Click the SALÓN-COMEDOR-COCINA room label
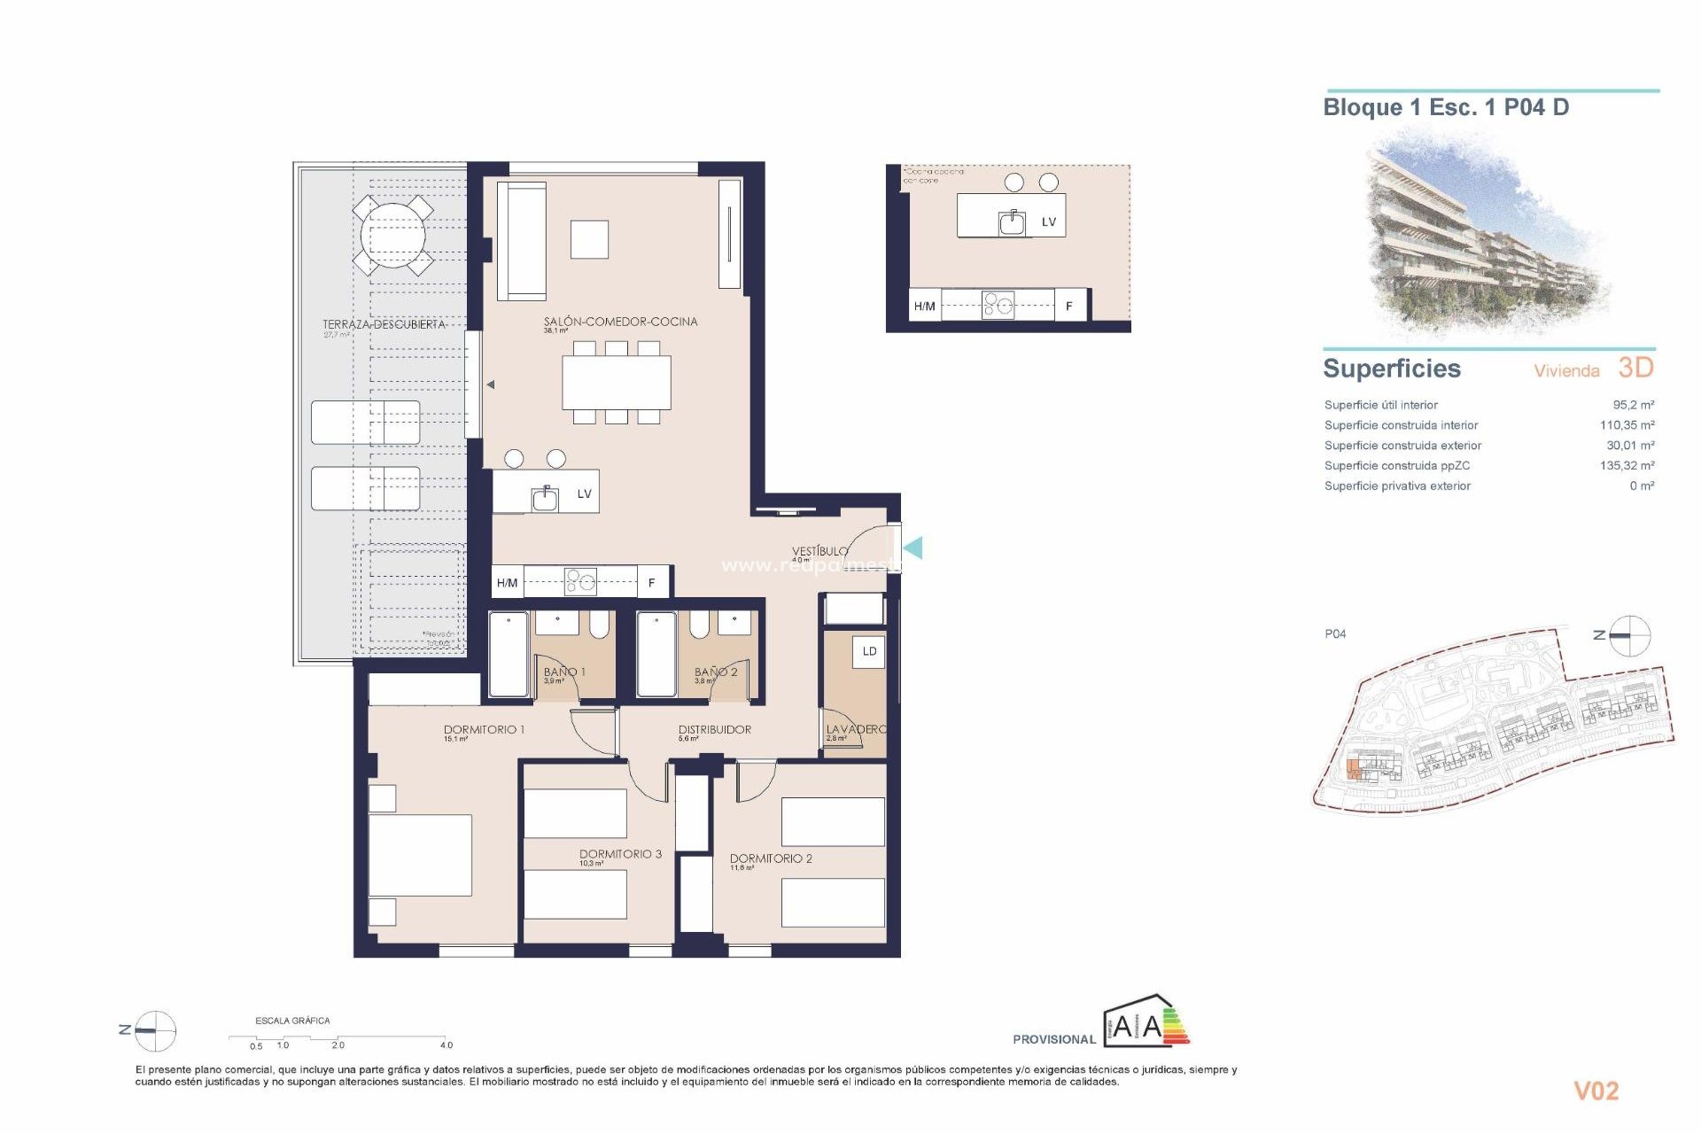pyautogui.click(x=620, y=322)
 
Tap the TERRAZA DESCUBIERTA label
pyautogui.click(x=384, y=324)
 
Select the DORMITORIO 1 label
pyautogui.click(x=484, y=729)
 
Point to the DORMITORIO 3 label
pyautogui.click(x=620, y=854)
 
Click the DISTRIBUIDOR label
pyautogui.click(x=714, y=729)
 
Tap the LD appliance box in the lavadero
pyautogui.click(x=869, y=651)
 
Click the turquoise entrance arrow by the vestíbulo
pyautogui.click(x=913, y=548)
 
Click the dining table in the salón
pyautogui.click(x=616, y=382)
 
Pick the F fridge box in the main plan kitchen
pyautogui.click(x=652, y=582)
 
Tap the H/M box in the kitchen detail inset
pyautogui.click(x=924, y=306)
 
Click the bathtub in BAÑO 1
pyautogui.click(x=509, y=654)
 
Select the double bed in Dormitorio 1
pyautogui.click(x=419, y=856)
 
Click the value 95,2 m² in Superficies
pyautogui.click(x=1633, y=405)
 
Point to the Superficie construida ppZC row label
pyautogui.click(x=1396, y=465)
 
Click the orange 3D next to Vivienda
pyautogui.click(x=1635, y=368)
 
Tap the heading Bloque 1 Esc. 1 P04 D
pyautogui.click(x=1446, y=107)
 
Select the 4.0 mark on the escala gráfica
pyautogui.click(x=446, y=1045)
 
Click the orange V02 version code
pyautogui.click(x=1596, y=1091)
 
